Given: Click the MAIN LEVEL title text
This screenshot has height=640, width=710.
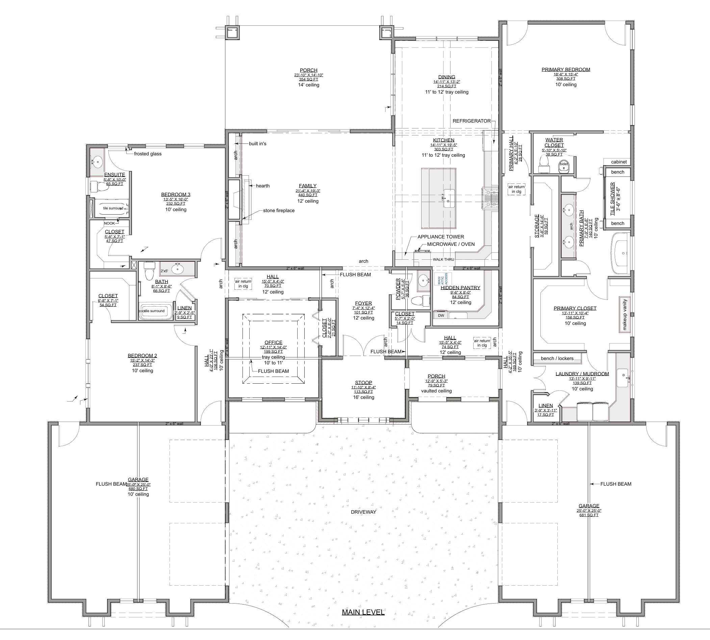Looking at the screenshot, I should coord(363,612).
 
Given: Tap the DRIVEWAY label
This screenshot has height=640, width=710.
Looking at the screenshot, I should coord(363,512).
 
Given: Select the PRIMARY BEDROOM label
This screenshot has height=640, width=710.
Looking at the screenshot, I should coord(566,70).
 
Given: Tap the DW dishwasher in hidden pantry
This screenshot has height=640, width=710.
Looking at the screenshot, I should coord(441,315).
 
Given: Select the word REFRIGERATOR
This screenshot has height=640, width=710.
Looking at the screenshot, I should coord(472,121).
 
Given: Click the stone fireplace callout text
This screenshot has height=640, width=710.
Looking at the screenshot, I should coord(279,211).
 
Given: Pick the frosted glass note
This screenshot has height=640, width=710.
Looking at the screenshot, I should coord(148,154).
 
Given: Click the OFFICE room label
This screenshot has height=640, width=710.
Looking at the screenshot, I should coord(273,342).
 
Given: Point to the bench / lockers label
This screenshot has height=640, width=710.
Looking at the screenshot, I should coord(557,358).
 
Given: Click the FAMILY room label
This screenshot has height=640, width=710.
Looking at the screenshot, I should coord(308,186).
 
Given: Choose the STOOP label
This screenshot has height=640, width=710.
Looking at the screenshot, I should coord(363,383).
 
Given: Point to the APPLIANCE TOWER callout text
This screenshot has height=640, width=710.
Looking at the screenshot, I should coord(441,237).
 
